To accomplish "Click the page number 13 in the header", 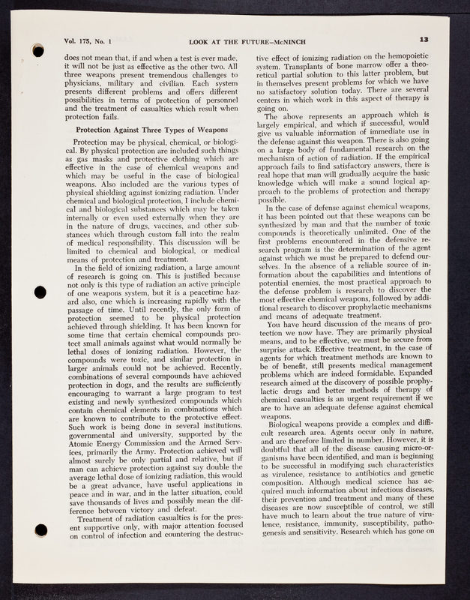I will pyautogui.click(x=424, y=39).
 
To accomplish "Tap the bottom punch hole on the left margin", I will pyautogui.click(x=41, y=529).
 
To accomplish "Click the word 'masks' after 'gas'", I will pyautogui.click(x=105, y=160).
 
